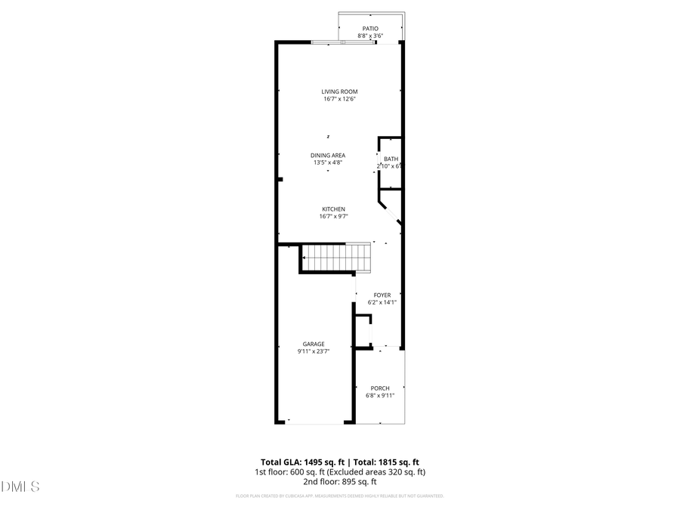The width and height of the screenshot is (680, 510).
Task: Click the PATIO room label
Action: click(x=370, y=29)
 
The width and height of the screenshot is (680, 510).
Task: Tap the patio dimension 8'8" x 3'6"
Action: click(x=370, y=36)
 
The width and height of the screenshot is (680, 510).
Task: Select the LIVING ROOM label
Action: click(x=339, y=91)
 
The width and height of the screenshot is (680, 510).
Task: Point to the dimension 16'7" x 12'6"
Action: click(x=339, y=99)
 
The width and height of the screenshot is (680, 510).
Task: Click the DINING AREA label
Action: click(x=328, y=155)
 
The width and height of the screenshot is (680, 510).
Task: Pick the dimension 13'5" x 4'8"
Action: click(x=328, y=162)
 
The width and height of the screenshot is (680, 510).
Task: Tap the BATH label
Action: click(x=391, y=159)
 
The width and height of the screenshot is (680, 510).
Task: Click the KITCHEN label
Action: click(x=333, y=209)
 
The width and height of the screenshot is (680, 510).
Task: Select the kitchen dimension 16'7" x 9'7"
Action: click(x=333, y=217)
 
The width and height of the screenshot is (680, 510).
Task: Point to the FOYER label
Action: click(x=382, y=295)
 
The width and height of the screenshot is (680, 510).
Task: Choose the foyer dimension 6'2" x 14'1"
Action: click(x=382, y=302)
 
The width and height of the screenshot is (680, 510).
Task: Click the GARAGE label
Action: click(x=314, y=344)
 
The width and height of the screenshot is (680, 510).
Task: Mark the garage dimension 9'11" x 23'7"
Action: click(x=314, y=351)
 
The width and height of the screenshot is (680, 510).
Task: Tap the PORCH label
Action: click(x=380, y=388)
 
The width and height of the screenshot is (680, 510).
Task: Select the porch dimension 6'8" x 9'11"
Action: click(x=380, y=395)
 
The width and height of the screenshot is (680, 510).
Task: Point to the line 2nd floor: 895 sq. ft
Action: click(x=339, y=481)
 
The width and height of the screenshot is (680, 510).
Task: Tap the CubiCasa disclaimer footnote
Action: click(x=339, y=496)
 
